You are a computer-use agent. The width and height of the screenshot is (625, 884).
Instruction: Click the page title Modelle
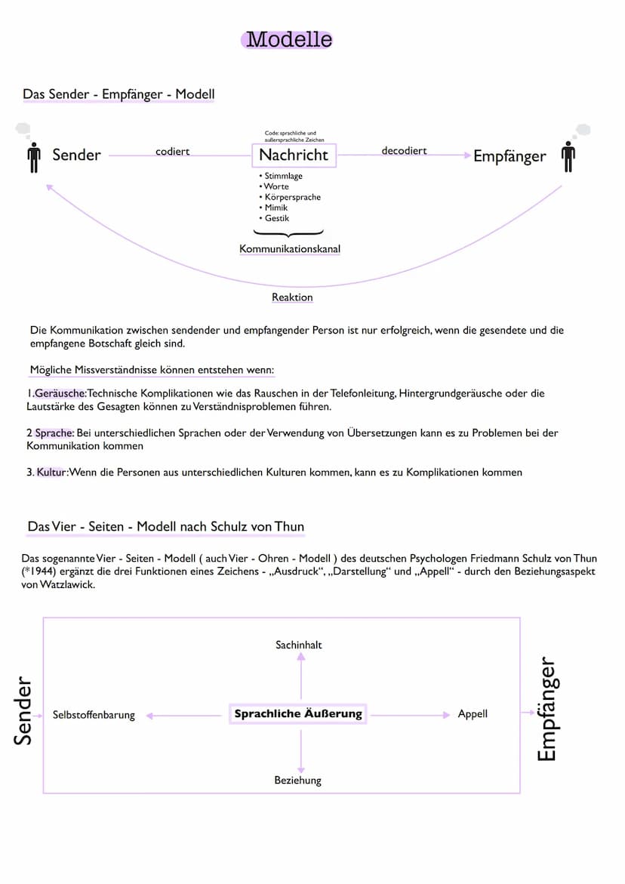point(289,39)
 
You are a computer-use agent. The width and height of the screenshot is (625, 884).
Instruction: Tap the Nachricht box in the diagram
point(294,155)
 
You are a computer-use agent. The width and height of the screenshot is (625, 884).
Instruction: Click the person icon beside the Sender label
point(33,156)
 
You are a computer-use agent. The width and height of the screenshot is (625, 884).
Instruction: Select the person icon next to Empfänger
point(568,156)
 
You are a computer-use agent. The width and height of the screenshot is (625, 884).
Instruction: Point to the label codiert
point(172,152)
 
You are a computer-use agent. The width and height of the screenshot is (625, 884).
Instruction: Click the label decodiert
point(404,151)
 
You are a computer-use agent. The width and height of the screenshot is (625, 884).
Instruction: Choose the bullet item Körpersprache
point(292,197)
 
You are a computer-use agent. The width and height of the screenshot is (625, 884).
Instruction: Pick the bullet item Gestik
point(276,218)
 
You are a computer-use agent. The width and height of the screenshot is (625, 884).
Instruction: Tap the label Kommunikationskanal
point(289,248)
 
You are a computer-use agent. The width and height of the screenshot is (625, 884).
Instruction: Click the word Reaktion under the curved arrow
point(292,297)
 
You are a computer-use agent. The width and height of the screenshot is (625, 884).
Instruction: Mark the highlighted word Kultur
point(51,473)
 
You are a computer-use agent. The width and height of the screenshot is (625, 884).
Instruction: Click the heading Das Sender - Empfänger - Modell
point(119,94)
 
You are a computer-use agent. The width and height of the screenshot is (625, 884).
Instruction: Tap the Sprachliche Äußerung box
point(298,713)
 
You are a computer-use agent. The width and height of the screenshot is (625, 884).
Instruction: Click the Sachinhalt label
point(299,645)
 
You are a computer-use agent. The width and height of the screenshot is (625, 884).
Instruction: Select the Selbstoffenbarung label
point(94,715)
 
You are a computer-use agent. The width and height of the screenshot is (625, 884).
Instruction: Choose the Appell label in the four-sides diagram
point(473,713)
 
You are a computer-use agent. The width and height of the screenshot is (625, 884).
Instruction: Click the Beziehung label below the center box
point(297,780)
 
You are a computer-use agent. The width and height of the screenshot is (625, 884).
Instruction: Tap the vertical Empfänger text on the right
point(546,710)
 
